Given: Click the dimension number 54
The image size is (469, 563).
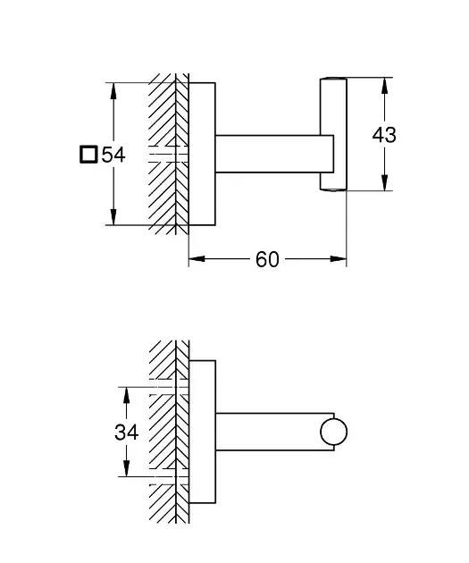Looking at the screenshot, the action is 113,155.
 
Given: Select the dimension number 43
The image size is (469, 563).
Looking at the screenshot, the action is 384,135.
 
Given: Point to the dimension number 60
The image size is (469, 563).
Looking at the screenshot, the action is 267,259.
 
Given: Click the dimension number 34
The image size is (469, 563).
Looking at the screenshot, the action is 126,432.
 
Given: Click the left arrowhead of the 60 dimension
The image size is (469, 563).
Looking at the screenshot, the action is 197,258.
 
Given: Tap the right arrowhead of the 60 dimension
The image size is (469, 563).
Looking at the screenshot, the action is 339,258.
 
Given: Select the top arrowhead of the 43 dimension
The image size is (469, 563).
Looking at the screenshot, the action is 385,86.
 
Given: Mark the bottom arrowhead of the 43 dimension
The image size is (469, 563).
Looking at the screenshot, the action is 385,182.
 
